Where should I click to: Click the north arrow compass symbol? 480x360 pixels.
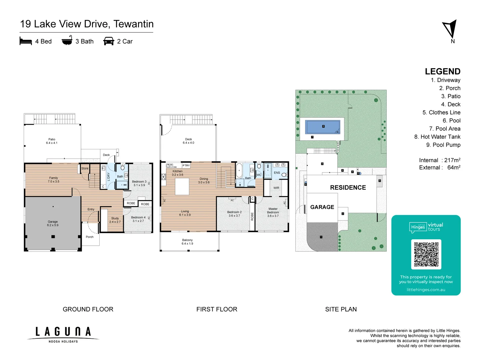450,30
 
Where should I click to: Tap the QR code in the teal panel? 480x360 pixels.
426,254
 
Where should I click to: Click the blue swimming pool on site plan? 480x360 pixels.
323,127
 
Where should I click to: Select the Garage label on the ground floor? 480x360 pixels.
53,223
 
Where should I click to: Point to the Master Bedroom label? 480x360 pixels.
273,212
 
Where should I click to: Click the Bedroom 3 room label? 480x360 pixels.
139,183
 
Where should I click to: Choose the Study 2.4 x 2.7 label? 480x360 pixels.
115,220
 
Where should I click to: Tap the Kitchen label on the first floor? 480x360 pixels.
177,173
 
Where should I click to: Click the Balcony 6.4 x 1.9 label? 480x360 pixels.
187,242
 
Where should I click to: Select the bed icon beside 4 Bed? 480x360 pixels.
26,41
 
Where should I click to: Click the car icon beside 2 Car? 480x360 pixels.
109,41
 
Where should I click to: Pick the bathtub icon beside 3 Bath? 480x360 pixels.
67,41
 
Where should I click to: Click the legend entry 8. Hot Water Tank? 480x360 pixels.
437,137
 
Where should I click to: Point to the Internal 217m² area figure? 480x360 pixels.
439,160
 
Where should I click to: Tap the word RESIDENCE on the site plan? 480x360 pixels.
348,188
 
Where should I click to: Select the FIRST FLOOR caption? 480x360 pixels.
217,309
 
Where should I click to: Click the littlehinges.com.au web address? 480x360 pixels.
426,290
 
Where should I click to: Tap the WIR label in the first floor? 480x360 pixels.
276,188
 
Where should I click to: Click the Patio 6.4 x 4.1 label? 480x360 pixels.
52,141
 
